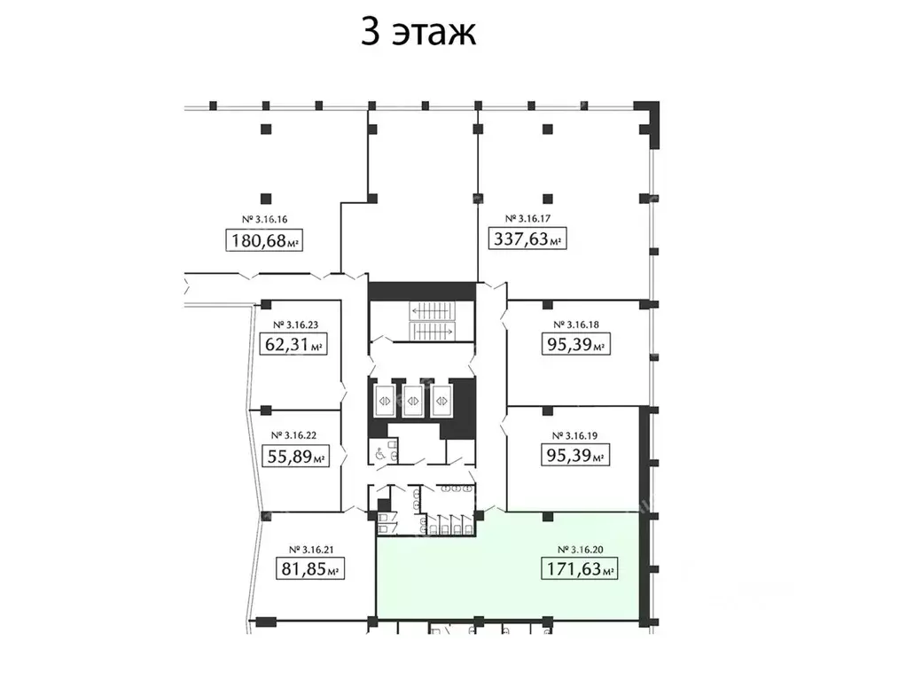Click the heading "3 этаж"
pyautogui.click(x=418, y=33)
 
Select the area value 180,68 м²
pyautogui.click(x=265, y=240)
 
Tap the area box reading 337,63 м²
pyautogui.click(x=528, y=238)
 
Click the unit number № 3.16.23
pyautogui.click(x=294, y=324)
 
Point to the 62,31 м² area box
pyautogui.click(x=294, y=344)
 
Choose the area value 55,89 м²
pyautogui.click(x=294, y=457)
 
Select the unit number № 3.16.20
pyautogui.click(x=578, y=548)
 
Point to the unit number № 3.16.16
pyautogui.click(x=265, y=219)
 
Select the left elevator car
pyautogui.click(x=386, y=399)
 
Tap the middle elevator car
pyautogui.click(x=413, y=399)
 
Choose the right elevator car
pyautogui.click(x=441, y=399)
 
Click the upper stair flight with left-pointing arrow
pyautogui.click(x=431, y=311)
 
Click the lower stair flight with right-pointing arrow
pyautogui.click(x=431, y=330)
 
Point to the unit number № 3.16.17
pyautogui.click(x=528, y=218)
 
